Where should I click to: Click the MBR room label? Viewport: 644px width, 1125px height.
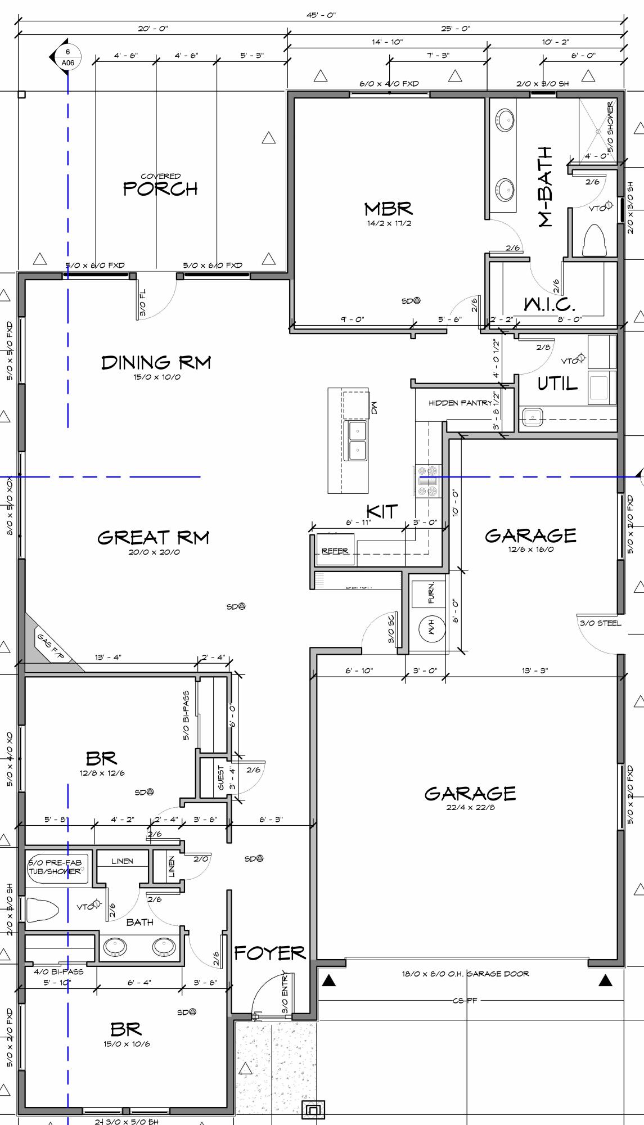pyautogui.click(x=388, y=210)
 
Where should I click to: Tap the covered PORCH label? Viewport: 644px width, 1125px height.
pyautogui.click(x=160, y=188)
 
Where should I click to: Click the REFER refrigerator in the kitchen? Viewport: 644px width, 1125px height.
pyautogui.click(x=335, y=551)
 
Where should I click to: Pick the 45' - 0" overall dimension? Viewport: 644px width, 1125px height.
pyautogui.click(x=321, y=15)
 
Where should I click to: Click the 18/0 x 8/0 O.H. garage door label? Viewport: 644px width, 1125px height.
pyautogui.click(x=465, y=974)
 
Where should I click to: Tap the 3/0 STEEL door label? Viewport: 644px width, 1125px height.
pyautogui.click(x=600, y=623)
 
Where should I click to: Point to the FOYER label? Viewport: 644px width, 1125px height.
pyautogui.click(x=269, y=953)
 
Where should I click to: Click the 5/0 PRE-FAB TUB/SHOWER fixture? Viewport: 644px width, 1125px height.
pyautogui.click(x=55, y=867)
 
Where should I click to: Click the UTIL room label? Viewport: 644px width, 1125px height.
pyautogui.click(x=557, y=384)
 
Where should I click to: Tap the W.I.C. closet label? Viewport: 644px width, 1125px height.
pyautogui.click(x=550, y=304)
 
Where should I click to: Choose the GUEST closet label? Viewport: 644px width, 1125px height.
pyautogui.click(x=221, y=777)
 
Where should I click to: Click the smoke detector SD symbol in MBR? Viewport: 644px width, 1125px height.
pyautogui.click(x=417, y=301)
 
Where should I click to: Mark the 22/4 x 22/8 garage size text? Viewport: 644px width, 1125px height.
pyautogui.click(x=470, y=807)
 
